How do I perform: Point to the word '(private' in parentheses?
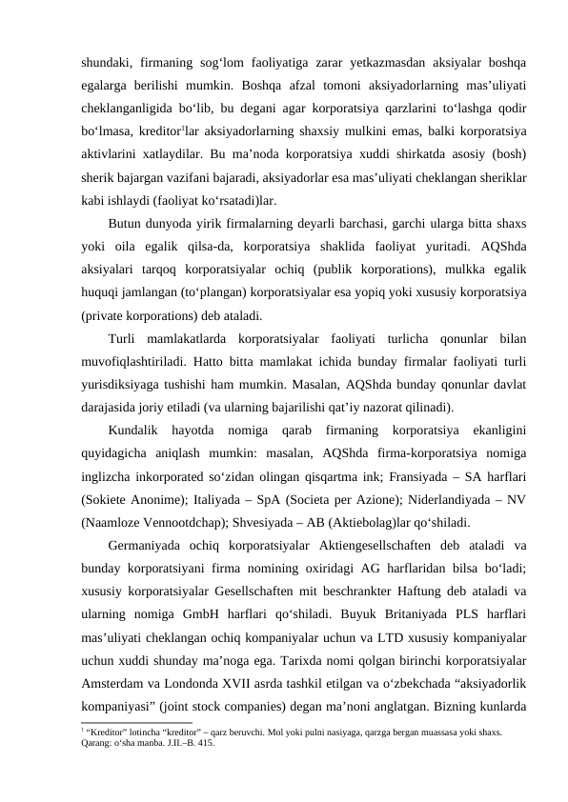(107, 316)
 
